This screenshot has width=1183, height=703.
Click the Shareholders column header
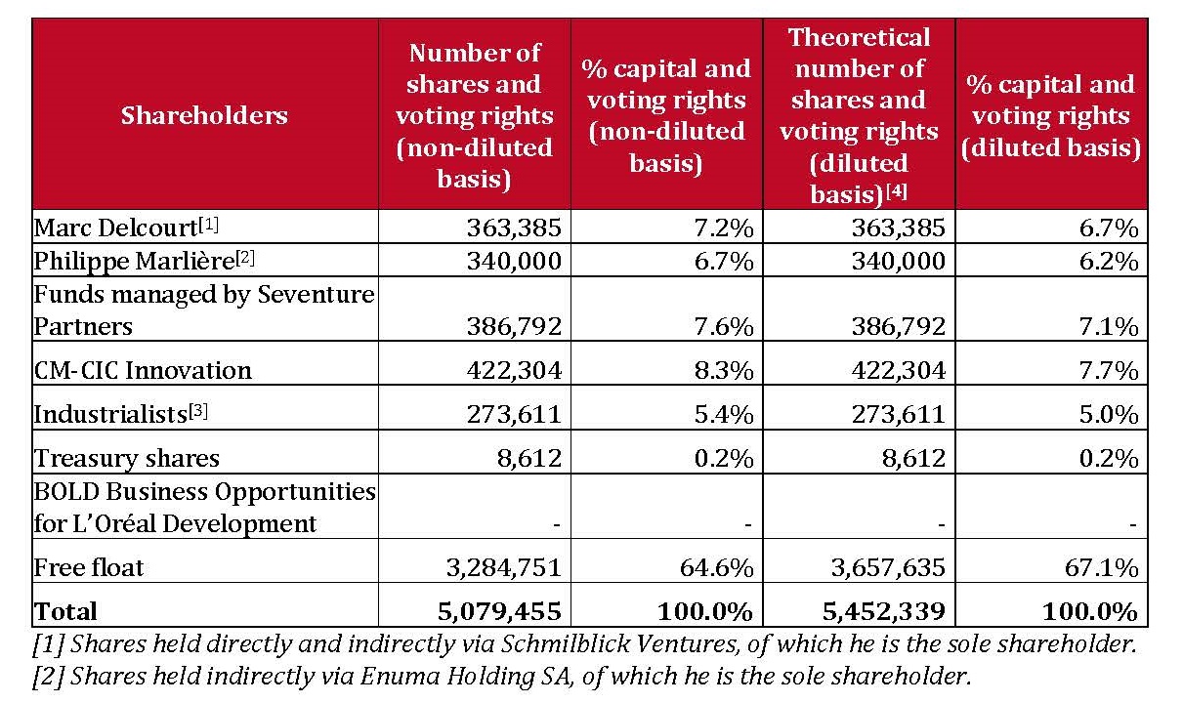(x=204, y=115)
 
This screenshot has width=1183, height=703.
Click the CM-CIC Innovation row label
(x=143, y=370)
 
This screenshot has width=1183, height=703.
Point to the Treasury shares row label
(x=127, y=458)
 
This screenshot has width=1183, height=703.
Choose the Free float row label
(x=89, y=568)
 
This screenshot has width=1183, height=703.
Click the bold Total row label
(x=65, y=611)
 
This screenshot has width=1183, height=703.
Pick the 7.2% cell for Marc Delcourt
(x=724, y=228)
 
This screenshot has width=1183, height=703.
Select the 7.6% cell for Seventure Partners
(x=724, y=327)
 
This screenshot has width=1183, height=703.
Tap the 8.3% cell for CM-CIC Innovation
(x=724, y=370)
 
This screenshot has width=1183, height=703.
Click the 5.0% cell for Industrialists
(x=1109, y=414)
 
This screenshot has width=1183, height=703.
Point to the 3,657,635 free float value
(x=888, y=568)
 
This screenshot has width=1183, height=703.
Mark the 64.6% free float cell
(x=717, y=568)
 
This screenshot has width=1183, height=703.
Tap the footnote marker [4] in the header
(x=897, y=191)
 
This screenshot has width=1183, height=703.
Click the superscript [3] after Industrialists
(x=198, y=411)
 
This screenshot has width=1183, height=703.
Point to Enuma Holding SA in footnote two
(x=467, y=677)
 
